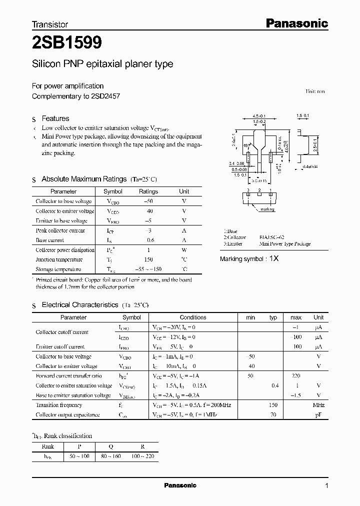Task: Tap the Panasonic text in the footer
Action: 180,485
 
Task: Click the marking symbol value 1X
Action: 274,259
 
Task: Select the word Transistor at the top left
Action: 50,24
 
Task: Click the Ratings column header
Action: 148,191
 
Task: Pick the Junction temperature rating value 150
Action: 148,259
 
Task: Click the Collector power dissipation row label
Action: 65,250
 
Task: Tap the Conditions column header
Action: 193,317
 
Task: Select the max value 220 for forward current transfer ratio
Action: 296,375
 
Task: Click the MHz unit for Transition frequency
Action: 318,405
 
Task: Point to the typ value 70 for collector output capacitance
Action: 273,415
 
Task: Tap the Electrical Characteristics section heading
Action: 80,304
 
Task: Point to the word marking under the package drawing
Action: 267,210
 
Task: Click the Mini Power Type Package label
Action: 285,244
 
